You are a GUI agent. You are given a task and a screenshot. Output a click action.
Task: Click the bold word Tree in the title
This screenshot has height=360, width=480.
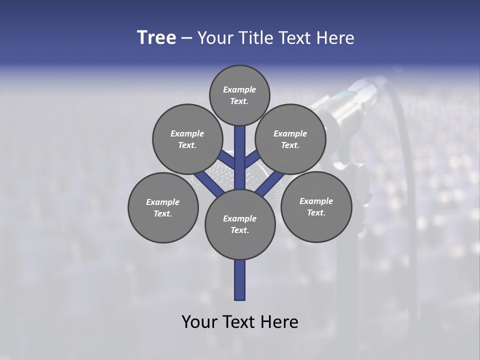click(156, 38)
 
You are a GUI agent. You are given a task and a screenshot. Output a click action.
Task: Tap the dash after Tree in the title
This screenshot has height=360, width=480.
click(187, 38)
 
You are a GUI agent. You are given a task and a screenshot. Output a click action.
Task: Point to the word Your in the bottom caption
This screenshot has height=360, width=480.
click(198, 321)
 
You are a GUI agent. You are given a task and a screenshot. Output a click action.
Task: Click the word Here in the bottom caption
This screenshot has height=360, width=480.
click(280, 321)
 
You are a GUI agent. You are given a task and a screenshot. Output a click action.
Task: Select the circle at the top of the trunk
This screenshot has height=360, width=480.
click(239, 95)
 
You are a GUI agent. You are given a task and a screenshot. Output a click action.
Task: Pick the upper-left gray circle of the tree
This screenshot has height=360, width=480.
click(187, 139)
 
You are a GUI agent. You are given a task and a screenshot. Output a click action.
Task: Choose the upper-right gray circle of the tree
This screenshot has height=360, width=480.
click(290, 139)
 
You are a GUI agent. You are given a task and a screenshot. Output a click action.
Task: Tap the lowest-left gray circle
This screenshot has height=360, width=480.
click(163, 207)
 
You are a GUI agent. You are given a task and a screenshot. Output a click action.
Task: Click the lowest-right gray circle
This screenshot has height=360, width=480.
click(316, 206)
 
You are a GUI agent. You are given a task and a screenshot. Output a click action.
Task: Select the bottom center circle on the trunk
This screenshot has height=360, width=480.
click(240, 224)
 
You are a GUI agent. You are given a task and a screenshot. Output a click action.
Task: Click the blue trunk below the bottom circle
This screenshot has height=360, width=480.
click(240, 280)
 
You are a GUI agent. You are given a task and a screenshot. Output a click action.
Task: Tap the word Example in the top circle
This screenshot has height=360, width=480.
click(239, 89)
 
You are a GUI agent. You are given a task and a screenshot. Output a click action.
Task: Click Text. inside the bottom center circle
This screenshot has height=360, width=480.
click(239, 230)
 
